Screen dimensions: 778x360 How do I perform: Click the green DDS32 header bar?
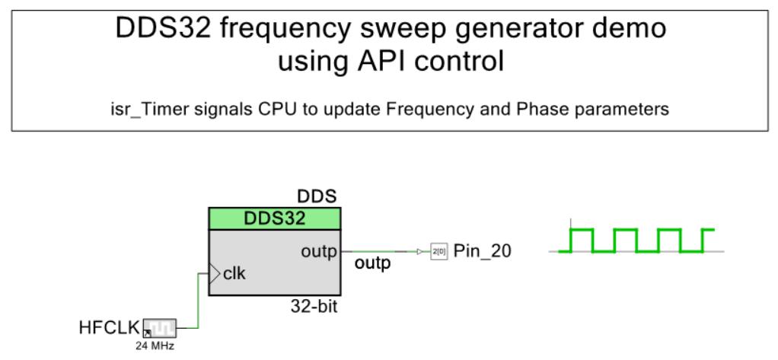pyautogui.click(x=274, y=218)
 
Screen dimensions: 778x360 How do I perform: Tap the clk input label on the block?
pyautogui.click(x=234, y=274)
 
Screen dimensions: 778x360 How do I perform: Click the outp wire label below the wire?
pyautogui.click(x=372, y=264)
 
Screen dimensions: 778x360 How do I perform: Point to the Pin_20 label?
pyautogui.click(x=483, y=252)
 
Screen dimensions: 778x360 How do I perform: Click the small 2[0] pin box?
pyautogui.click(x=439, y=252)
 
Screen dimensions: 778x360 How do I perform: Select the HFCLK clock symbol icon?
pyautogui.click(x=159, y=328)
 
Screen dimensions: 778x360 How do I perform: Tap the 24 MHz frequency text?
pyautogui.click(x=155, y=346)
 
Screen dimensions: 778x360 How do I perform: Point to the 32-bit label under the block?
pyautogui.click(x=314, y=307)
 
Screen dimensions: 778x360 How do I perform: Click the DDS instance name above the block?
pyautogui.click(x=317, y=197)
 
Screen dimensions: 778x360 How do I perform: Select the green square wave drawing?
pyautogui.click(x=636, y=241)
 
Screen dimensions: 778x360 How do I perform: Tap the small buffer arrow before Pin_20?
pyautogui.click(x=420, y=252)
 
